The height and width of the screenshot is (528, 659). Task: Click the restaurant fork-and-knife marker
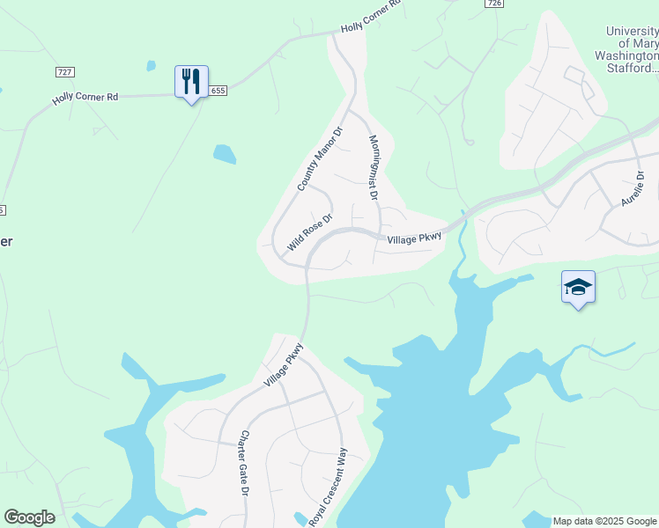(191, 83)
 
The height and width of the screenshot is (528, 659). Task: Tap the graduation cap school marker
(578, 288)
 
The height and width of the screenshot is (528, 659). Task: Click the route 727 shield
(64, 71)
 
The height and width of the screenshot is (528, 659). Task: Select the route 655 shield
(218, 90)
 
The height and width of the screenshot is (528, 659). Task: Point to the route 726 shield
(493, 4)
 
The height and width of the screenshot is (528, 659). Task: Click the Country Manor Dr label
(319, 159)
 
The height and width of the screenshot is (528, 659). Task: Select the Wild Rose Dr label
(310, 231)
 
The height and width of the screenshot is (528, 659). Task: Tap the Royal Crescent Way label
(329, 488)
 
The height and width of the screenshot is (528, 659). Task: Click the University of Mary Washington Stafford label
(631, 49)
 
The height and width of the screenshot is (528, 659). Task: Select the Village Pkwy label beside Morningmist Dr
(413, 238)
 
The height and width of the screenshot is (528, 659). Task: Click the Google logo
(29, 517)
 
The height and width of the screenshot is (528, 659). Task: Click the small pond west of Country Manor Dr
(224, 154)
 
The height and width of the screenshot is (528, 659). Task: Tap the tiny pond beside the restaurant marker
(151, 65)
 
